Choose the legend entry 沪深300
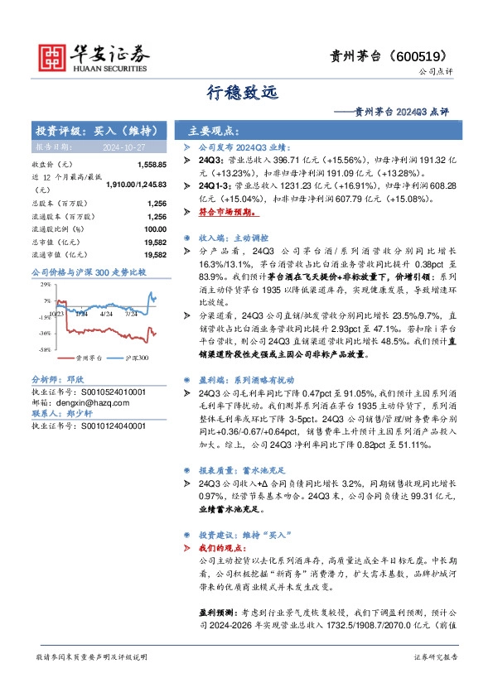click(137, 359)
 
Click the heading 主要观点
click(214, 131)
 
